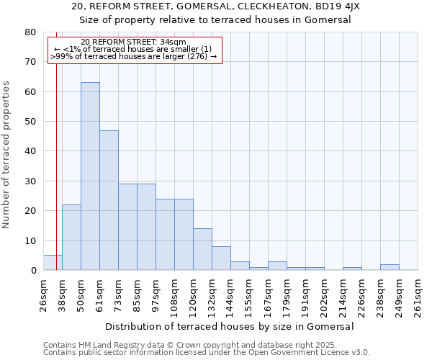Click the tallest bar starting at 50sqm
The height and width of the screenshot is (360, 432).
click(x=90, y=176)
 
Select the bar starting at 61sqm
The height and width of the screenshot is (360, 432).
click(x=109, y=200)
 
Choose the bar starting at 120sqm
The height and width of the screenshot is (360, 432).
click(x=202, y=249)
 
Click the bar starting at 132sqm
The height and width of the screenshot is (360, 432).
click(x=221, y=258)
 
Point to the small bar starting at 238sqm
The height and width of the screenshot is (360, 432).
click(x=390, y=267)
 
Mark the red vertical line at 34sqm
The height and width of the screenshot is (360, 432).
click(x=56, y=144)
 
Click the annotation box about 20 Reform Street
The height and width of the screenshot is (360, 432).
click(x=135, y=49)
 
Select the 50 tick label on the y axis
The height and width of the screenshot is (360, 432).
click(x=31, y=122)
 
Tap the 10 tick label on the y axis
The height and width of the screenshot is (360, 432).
click(x=31, y=240)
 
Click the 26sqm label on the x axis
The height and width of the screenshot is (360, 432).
click(x=43, y=294)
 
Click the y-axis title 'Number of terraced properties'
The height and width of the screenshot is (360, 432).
click(x=7, y=154)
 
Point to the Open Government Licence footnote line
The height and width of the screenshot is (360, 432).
click(x=207, y=353)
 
